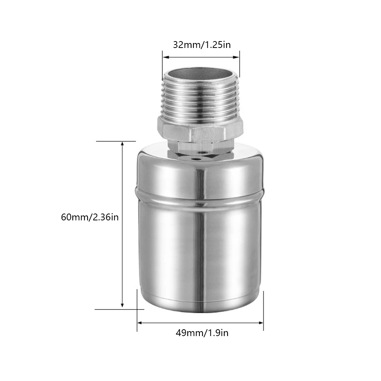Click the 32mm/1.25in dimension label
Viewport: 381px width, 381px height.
click(202, 45)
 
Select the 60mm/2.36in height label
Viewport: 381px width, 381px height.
click(90, 217)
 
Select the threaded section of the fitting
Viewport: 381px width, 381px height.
click(201, 99)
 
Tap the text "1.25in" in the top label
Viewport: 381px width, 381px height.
click(218, 45)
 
